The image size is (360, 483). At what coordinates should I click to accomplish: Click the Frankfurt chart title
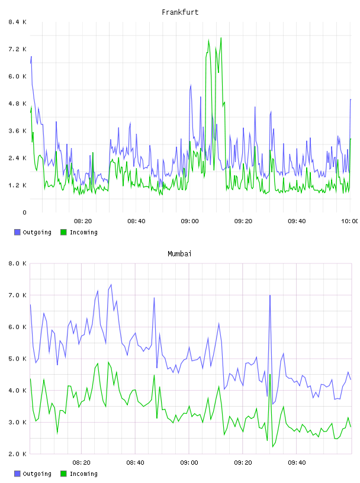pyautogui.click(x=180, y=12)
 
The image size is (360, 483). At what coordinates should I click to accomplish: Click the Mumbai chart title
pyautogui.click(x=179, y=254)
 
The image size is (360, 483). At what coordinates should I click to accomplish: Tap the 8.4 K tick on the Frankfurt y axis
pyautogui.click(x=18, y=22)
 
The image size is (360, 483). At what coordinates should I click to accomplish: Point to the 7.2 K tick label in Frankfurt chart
pyautogui.click(x=18, y=49)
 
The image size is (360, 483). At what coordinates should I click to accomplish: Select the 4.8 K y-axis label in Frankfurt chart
pyautogui.click(x=18, y=104)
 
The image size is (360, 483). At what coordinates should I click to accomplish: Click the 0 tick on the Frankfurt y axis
pyautogui.click(x=24, y=212)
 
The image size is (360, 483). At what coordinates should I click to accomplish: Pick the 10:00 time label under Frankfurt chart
pyautogui.click(x=350, y=221)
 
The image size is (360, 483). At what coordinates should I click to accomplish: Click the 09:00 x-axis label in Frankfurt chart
pyautogui.click(x=189, y=221)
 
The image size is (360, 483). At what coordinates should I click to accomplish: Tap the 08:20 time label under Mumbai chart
pyautogui.click(x=81, y=463)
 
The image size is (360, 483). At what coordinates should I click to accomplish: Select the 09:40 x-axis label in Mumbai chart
pyautogui.click(x=297, y=463)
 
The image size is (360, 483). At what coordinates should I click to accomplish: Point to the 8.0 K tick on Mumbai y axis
pyautogui.click(x=18, y=263)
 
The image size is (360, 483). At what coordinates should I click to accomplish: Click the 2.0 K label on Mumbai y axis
pyautogui.click(x=18, y=454)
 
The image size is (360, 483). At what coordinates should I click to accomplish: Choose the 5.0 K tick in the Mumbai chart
pyautogui.click(x=18, y=359)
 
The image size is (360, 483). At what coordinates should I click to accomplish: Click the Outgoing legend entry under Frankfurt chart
pyautogui.click(x=33, y=232)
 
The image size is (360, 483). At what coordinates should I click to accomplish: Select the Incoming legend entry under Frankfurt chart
pyautogui.click(x=79, y=232)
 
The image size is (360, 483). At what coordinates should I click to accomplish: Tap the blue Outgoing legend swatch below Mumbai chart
pyautogui.click(x=17, y=474)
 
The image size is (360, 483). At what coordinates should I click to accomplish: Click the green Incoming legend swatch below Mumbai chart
pyautogui.click(x=63, y=474)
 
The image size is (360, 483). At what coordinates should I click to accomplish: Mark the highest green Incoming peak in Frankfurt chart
pyautogui.click(x=221, y=38)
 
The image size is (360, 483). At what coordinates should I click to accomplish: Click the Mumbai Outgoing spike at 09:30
pyautogui.click(x=270, y=295)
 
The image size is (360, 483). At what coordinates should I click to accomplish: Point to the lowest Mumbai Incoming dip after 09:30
pyautogui.click(x=273, y=447)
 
